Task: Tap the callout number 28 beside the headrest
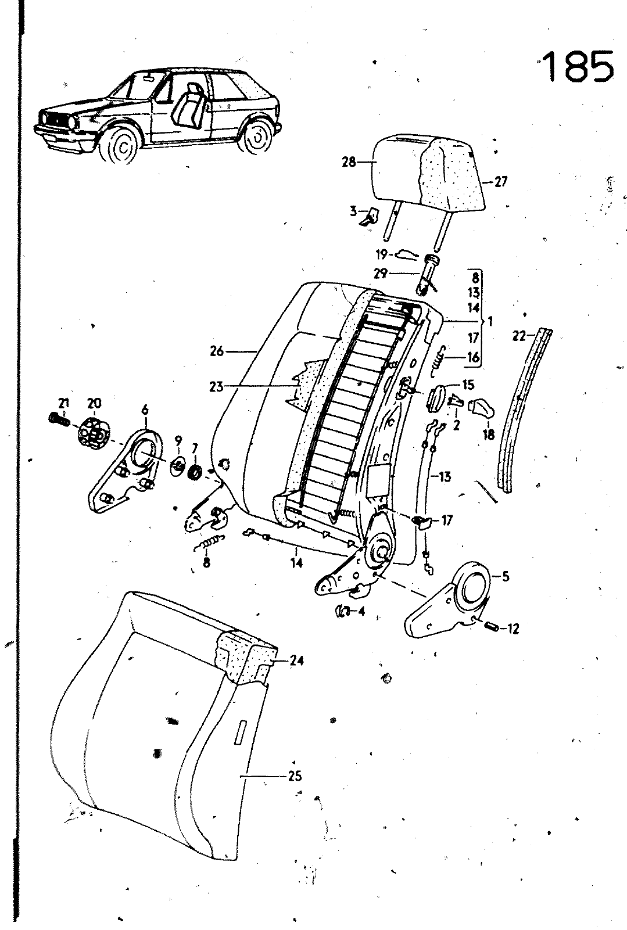coord(348,162)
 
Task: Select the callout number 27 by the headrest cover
coord(500,182)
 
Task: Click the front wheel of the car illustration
coord(121,145)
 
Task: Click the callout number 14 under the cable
coord(297,562)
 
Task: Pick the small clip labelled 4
coord(342,611)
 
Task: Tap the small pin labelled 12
coord(492,627)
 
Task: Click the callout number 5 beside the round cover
coord(505,577)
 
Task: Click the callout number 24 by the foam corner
coord(297,660)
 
